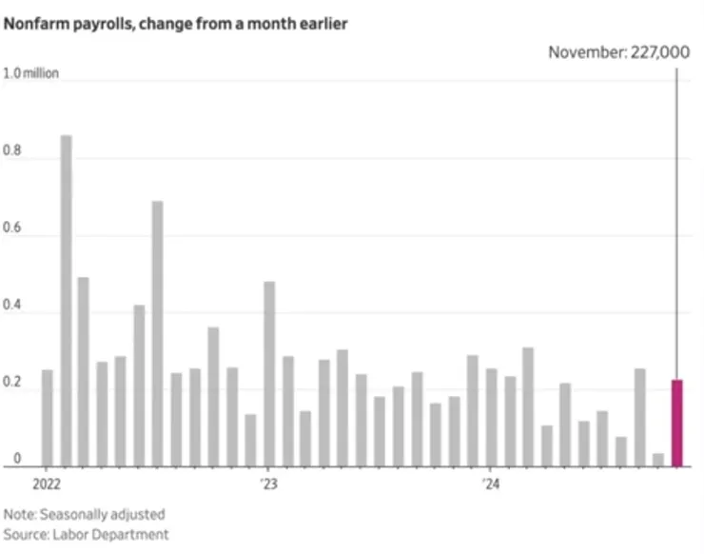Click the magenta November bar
click(676, 424)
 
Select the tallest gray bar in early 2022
click(66, 301)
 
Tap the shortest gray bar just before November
click(657, 460)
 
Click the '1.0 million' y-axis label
click(31, 73)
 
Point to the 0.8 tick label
click(12, 159)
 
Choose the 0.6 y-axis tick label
click(12, 236)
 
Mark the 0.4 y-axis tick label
click(12, 313)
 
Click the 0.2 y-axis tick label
click(12, 390)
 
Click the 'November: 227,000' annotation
click(618, 52)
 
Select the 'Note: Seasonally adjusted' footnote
click(85, 514)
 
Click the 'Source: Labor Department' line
click(87, 535)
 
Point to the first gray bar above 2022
click(48, 419)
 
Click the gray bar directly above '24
click(491, 419)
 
